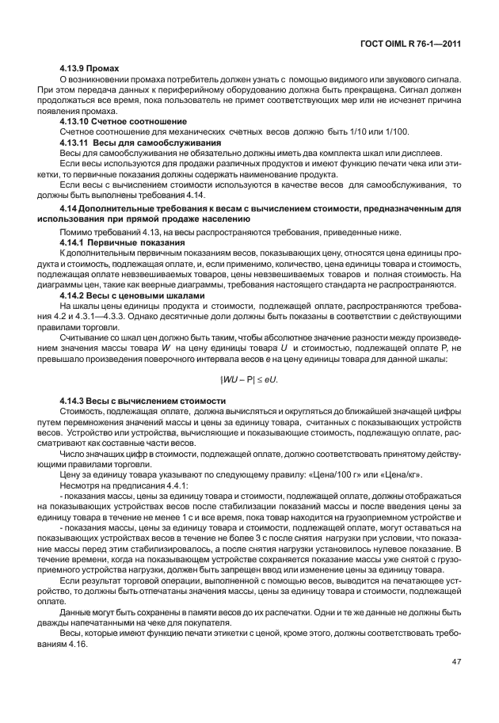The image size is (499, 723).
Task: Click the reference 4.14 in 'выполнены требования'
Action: [195, 195]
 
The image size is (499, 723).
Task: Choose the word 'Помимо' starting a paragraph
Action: [76, 230]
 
